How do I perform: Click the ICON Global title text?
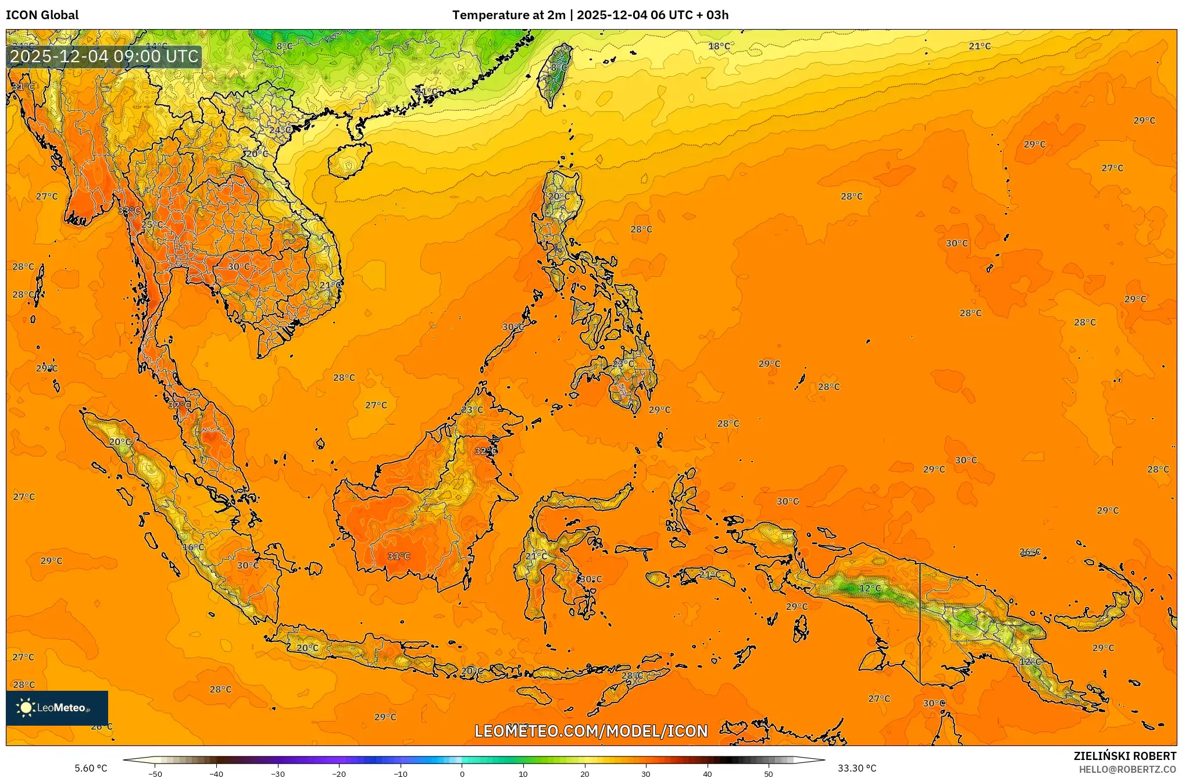pyautogui.click(x=42, y=15)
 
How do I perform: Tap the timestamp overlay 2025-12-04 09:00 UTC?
pyautogui.click(x=105, y=56)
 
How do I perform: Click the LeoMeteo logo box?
pyautogui.click(x=57, y=708)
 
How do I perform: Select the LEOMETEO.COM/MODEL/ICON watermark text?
pyautogui.click(x=591, y=731)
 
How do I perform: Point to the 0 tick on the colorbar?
pyautogui.click(x=462, y=773)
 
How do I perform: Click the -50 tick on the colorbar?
pyautogui.click(x=155, y=773)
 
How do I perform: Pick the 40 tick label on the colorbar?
pyautogui.click(x=707, y=773)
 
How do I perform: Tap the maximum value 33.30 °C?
pyautogui.click(x=856, y=768)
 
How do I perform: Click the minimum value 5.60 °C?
pyautogui.click(x=91, y=768)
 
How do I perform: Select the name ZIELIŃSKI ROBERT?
pyautogui.click(x=1124, y=756)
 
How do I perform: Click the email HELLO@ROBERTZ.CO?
pyautogui.click(x=1127, y=769)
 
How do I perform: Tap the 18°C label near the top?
pyautogui.click(x=719, y=47)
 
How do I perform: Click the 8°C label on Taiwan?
pyautogui.click(x=559, y=68)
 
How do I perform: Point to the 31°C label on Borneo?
pyautogui.click(x=399, y=556)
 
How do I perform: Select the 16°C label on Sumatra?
pyautogui.click(x=193, y=547)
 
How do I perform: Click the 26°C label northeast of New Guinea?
pyautogui.click(x=1030, y=552)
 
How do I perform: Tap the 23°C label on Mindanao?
pyautogui.click(x=623, y=363)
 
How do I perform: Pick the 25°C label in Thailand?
pyautogui.click(x=152, y=224)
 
